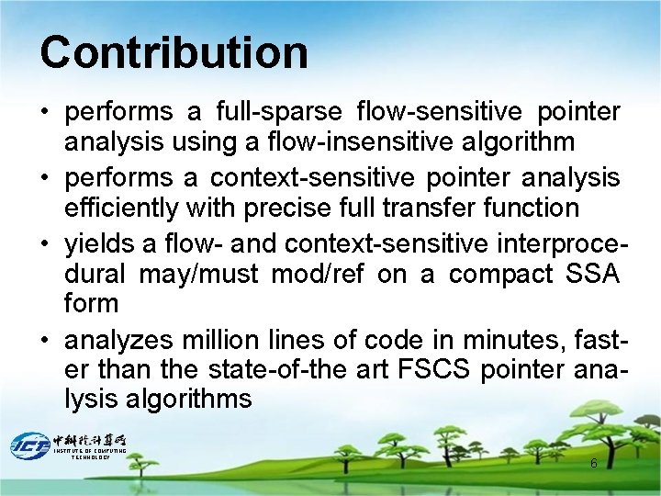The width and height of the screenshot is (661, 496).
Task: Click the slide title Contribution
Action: point(174,52)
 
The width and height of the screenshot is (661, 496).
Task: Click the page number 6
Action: point(593,464)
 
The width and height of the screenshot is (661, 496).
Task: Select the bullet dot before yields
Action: point(45,244)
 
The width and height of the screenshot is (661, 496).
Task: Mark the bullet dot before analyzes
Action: point(45,340)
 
